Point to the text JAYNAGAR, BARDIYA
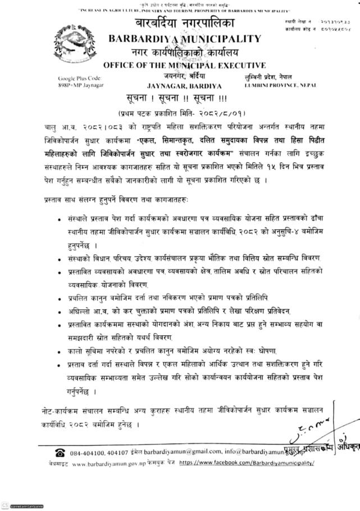click(184, 86)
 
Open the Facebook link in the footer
click(246, 464)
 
